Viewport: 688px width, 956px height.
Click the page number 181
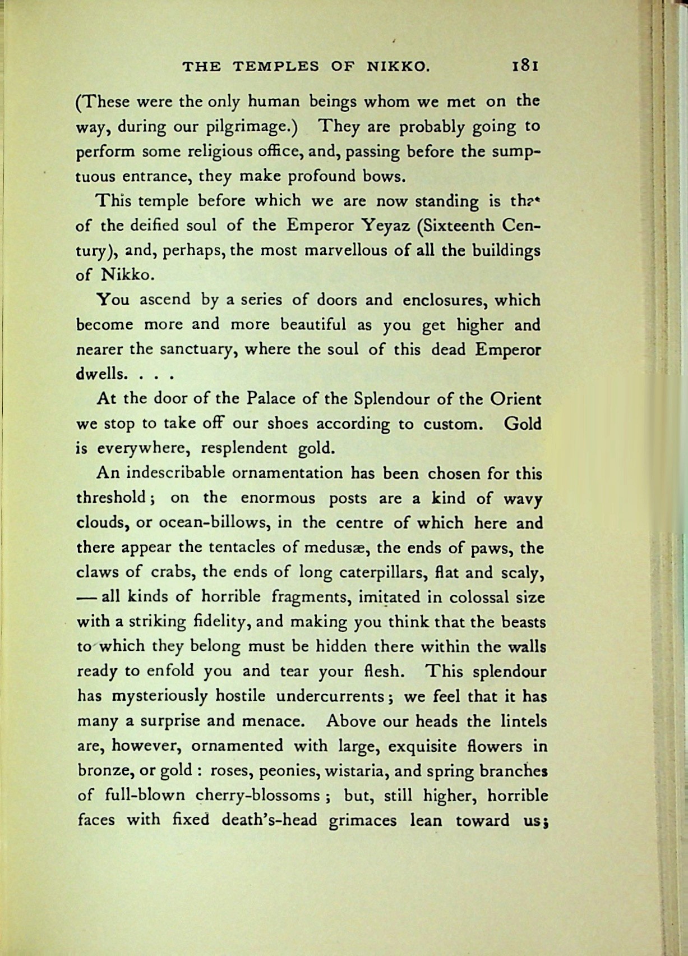(x=525, y=66)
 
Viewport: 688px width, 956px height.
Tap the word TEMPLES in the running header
(x=276, y=67)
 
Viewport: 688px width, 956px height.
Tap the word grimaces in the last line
(x=362, y=821)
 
